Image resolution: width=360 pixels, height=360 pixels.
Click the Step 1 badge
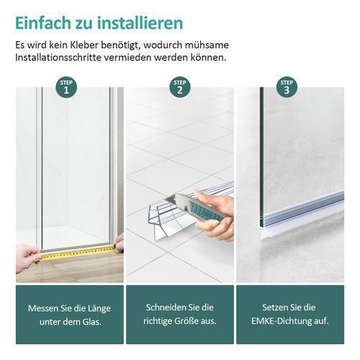pos(66,87)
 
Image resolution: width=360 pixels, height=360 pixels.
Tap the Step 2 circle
pos(180,87)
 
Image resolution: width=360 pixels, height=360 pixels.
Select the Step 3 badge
pos(287,87)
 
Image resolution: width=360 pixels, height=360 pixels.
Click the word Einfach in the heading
pos(42,23)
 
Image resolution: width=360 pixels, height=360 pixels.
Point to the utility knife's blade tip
pos(166,199)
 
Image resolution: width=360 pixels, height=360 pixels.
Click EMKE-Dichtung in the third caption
pos(282,321)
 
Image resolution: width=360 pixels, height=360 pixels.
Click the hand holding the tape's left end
pos(27,258)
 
